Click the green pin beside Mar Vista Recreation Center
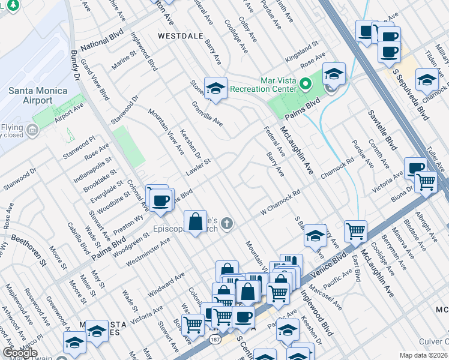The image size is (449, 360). pyautogui.click(x=305, y=83)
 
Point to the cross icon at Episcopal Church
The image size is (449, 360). pyautogui.click(x=226, y=224)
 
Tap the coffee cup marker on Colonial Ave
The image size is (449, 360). pyautogui.click(x=160, y=200)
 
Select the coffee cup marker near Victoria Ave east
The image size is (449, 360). pyautogui.click(x=415, y=168)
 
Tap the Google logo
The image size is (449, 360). pyautogui.click(x=19, y=352)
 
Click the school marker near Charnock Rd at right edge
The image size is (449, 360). pyautogui.click(x=427, y=79)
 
